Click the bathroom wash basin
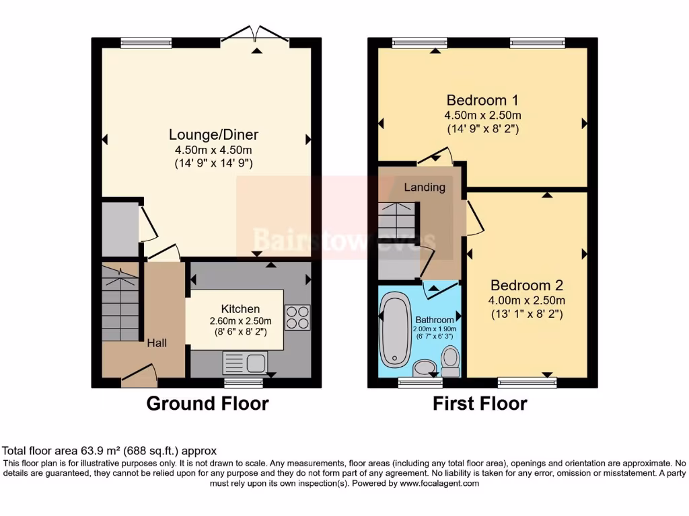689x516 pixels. click(x=424, y=368)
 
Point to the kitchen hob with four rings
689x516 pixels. click(x=297, y=318)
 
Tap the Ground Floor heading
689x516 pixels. click(x=207, y=404)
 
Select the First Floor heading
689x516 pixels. click(x=480, y=404)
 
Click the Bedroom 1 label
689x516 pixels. click(x=482, y=101)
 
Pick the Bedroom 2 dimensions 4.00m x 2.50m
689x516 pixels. click(x=527, y=300)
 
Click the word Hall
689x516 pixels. click(x=157, y=343)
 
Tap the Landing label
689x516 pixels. click(x=424, y=187)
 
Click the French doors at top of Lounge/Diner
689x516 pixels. click(x=255, y=35)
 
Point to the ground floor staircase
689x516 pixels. click(x=120, y=302)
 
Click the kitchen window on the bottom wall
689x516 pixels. click(x=244, y=383)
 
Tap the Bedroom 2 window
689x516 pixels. click(x=527, y=383)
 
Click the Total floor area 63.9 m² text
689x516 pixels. click(x=110, y=451)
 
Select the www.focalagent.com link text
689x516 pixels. click(x=439, y=483)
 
